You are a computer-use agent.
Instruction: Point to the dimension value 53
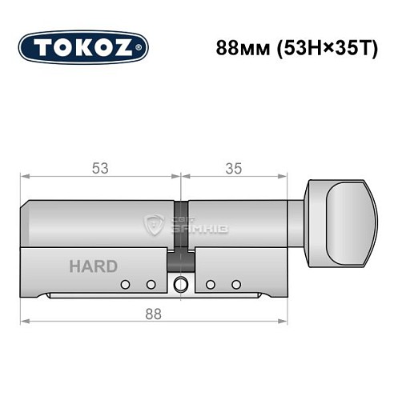pyautogui.click(x=100, y=168)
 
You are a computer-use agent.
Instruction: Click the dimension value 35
pyautogui.click(x=233, y=168)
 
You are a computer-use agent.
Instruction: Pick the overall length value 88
pyautogui.click(x=154, y=314)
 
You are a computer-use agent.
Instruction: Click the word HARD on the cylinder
pyautogui.click(x=92, y=266)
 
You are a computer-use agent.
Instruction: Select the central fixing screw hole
pyautogui.click(x=182, y=283)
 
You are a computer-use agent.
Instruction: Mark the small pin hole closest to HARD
pyautogui.click(x=125, y=284)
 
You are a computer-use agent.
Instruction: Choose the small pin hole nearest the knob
pyautogui.click(x=235, y=284)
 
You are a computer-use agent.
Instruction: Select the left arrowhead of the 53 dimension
pyautogui.click(x=25, y=175)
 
